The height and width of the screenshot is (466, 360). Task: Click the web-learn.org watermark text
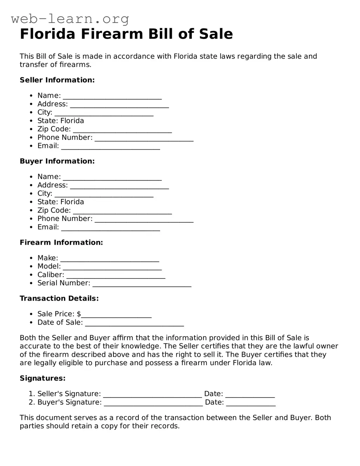pyautogui.click(x=70, y=19)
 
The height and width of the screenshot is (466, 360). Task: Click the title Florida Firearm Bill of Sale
pyautogui.click(x=126, y=34)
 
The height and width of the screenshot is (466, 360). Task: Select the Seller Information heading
pyautogui.click(x=57, y=80)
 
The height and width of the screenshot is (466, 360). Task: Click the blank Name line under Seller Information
pyautogui.click(x=112, y=96)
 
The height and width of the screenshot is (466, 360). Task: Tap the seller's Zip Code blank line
pyautogui.click(x=122, y=130)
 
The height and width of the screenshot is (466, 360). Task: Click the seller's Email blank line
pyautogui.click(x=111, y=147)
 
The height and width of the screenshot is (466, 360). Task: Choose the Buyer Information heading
pyautogui.click(x=57, y=161)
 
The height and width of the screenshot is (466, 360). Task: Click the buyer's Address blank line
pyautogui.click(x=119, y=186)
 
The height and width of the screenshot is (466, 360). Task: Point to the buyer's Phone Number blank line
pyautogui.click(x=144, y=219)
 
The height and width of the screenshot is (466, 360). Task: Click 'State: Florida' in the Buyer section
pyautogui.click(x=61, y=202)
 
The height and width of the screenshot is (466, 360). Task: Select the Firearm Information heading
pyautogui.click(x=61, y=242)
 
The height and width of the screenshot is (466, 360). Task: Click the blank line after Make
pyautogui.click(x=110, y=259)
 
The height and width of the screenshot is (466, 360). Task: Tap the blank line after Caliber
pyautogui.click(x=116, y=276)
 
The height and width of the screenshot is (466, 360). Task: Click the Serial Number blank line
pyautogui.click(x=142, y=284)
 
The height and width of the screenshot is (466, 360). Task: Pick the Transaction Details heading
pyautogui.click(x=59, y=298)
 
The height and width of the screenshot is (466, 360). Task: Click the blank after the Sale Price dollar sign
pyautogui.click(x=116, y=315)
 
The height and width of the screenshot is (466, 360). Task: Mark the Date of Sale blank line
pyautogui.click(x=135, y=323)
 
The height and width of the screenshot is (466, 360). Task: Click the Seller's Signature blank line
pyautogui.click(x=152, y=395)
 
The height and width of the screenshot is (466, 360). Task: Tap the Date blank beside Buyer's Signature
pyautogui.click(x=251, y=403)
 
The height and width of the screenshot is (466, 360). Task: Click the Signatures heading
pyautogui.click(x=42, y=378)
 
